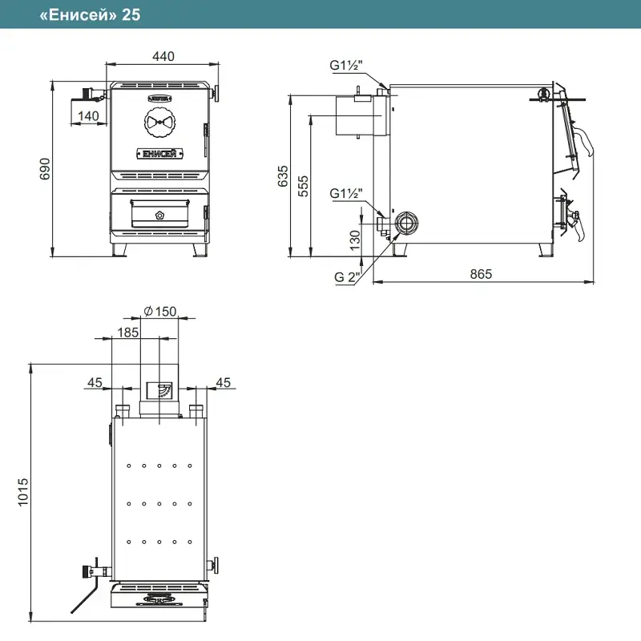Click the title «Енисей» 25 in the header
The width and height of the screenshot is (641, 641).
click(90, 14)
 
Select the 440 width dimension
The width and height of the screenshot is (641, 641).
click(163, 56)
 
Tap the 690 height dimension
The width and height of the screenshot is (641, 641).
click(45, 168)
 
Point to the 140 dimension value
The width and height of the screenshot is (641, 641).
click(88, 115)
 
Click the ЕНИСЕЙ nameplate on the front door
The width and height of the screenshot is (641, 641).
click(159, 154)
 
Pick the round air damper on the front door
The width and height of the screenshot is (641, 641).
click(159, 122)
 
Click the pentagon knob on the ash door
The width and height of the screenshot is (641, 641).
click(159, 216)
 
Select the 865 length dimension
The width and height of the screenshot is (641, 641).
click(481, 274)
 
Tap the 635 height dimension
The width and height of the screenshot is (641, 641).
click(283, 176)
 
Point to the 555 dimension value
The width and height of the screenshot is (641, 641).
click(303, 186)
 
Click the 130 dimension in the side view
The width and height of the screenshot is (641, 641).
click(355, 240)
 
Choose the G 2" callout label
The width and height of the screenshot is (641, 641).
click(347, 276)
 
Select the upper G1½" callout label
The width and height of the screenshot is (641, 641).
click(346, 65)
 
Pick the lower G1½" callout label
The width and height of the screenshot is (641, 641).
click(346, 193)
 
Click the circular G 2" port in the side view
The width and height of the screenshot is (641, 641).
click(406, 224)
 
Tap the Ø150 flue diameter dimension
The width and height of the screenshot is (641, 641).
click(159, 312)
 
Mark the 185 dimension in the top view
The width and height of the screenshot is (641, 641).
click(128, 333)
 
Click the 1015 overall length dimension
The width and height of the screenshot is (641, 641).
click(23, 492)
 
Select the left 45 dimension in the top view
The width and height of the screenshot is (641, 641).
click(95, 382)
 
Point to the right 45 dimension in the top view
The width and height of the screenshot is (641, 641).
click(224, 382)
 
